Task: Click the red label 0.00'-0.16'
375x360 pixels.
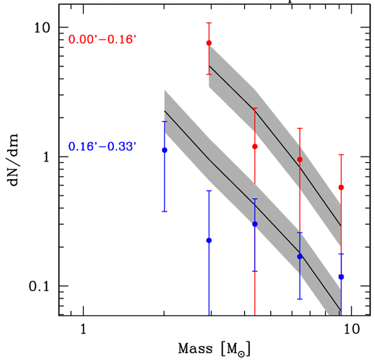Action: (x=102, y=40)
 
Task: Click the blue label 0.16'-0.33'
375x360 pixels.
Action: (x=102, y=146)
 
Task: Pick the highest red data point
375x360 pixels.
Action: (x=209, y=43)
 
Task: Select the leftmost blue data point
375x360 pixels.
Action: (x=164, y=150)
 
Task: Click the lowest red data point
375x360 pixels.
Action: (x=341, y=187)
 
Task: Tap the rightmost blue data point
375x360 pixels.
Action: (x=341, y=277)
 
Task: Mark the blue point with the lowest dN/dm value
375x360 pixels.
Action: (x=341, y=277)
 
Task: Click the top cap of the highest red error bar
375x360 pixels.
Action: (x=209, y=23)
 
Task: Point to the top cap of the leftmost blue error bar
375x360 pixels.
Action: (x=164, y=122)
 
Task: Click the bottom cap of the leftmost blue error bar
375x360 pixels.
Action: (x=164, y=211)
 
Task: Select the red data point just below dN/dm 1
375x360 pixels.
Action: (x=300, y=159)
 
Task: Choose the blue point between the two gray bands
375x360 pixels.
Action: (x=209, y=240)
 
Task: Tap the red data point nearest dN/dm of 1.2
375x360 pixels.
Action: (x=255, y=147)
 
